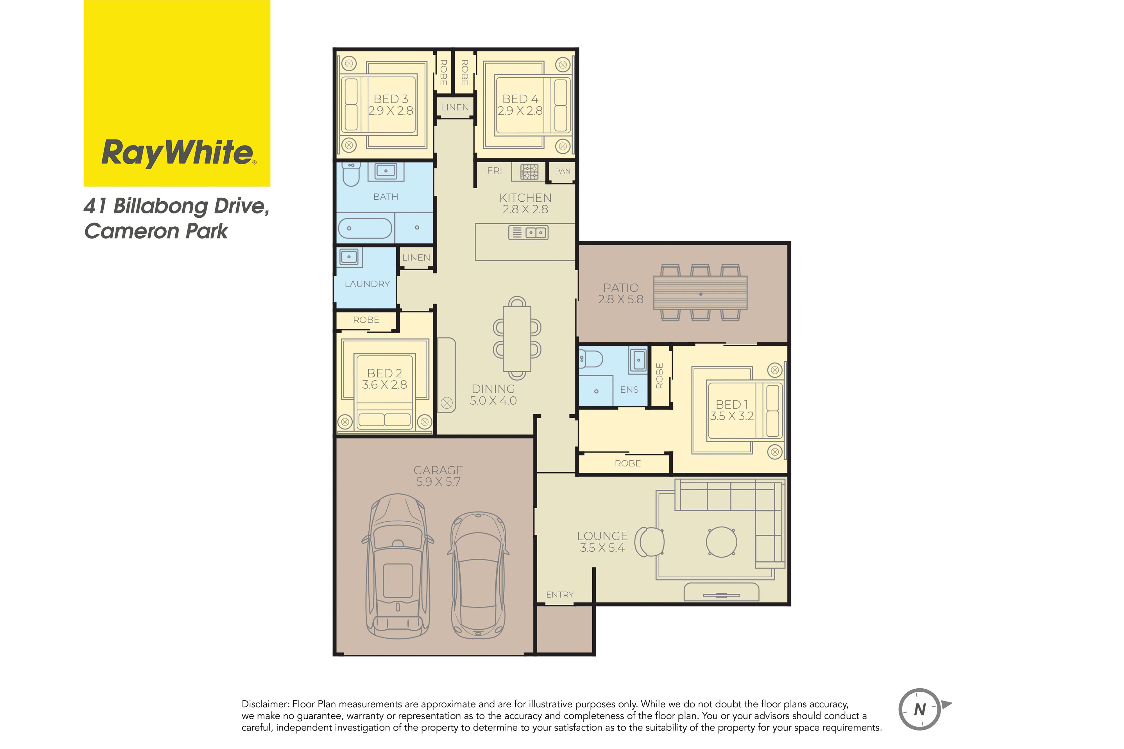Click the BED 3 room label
pyautogui.click(x=391, y=99)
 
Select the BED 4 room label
pyautogui.click(x=520, y=99)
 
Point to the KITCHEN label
pyautogui.click(x=525, y=198)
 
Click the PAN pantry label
pyautogui.click(x=563, y=171)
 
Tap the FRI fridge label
pyautogui.click(x=495, y=170)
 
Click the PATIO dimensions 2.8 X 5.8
pyautogui.click(x=621, y=299)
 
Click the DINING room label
pyautogui.click(x=493, y=389)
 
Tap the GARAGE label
pyautogui.click(x=438, y=470)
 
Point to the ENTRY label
pyautogui.click(x=559, y=595)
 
